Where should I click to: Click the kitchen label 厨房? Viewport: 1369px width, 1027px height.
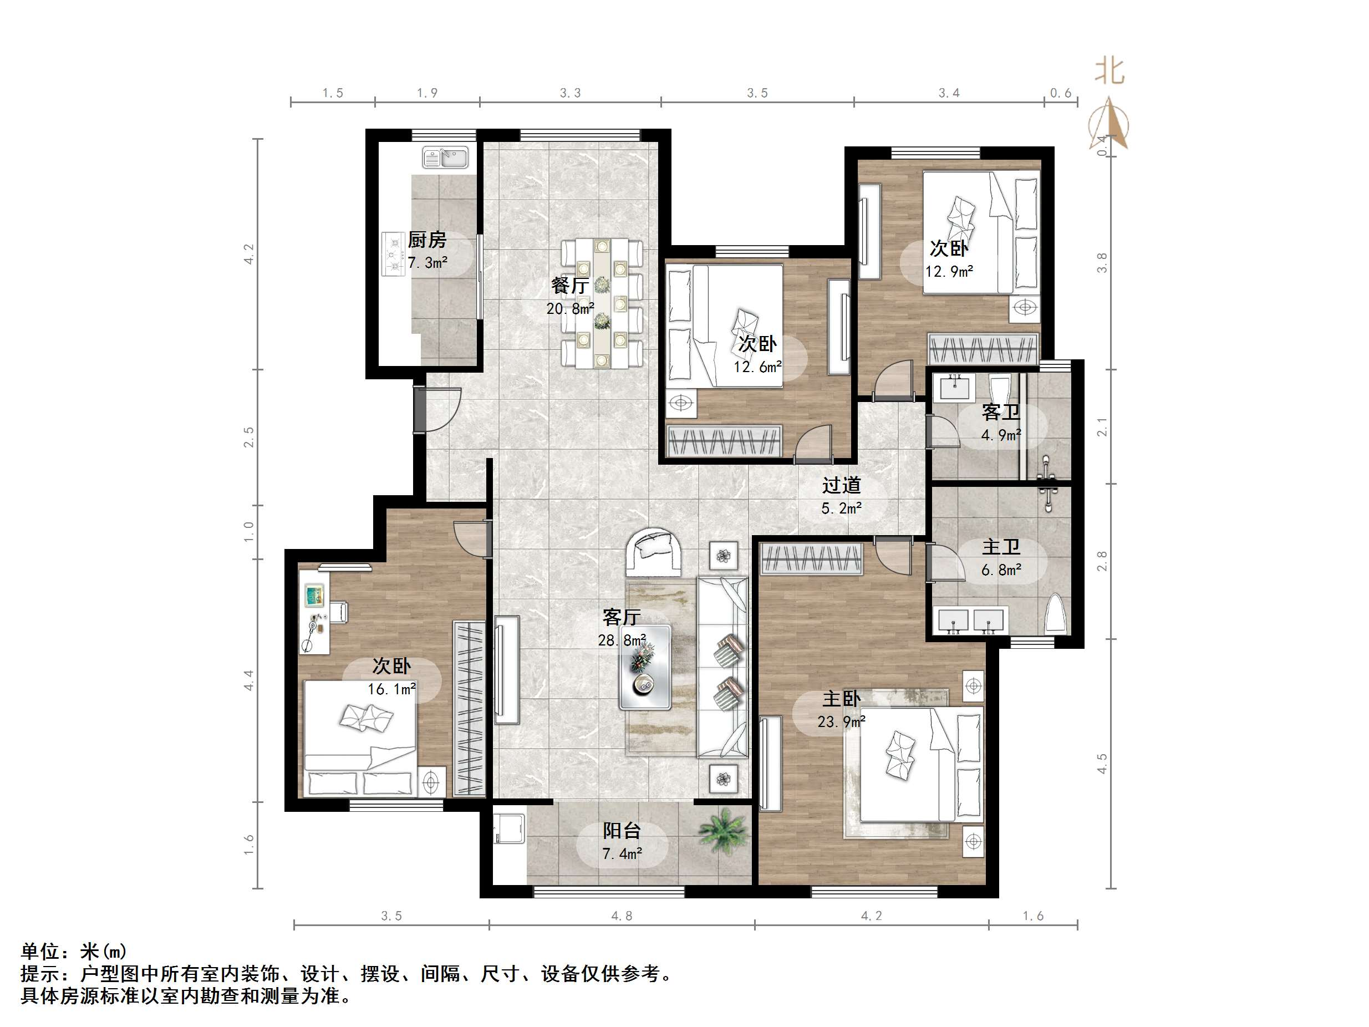click(x=427, y=240)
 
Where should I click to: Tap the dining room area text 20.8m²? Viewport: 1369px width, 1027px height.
click(x=570, y=308)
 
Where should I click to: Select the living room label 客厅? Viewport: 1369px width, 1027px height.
click(x=622, y=617)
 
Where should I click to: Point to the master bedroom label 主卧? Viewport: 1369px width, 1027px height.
click(x=841, y=698)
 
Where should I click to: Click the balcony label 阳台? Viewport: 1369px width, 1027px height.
click(x=622, y=831)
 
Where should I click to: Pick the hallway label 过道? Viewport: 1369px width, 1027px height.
click(x=841, y=485)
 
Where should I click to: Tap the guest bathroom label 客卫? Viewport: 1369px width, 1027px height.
click(x=1001, y=412)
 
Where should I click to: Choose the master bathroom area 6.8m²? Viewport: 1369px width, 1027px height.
click(x=1001, y=570)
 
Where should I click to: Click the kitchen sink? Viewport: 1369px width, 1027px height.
click(x=446, y=157)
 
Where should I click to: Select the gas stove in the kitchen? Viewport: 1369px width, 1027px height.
click(x=394, y=253)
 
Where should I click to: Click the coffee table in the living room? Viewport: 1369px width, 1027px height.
click(x=645, y=667)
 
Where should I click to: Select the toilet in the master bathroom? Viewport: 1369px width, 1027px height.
click(x=1056, y=613)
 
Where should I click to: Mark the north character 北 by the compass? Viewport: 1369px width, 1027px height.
click(x=1109, y=71)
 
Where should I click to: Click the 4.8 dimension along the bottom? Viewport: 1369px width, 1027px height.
click(x=622, y=916)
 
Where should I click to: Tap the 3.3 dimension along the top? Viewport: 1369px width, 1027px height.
click(x=570, y=93)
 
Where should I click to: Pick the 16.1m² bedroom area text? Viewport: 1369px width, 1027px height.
click(x=392, y=689)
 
